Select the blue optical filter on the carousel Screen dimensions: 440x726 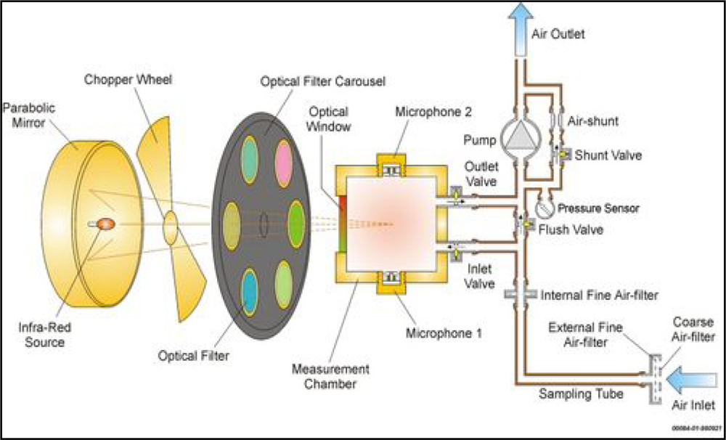click(x=249, y=291)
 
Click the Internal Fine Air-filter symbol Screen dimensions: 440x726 click(x=518, y=295)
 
